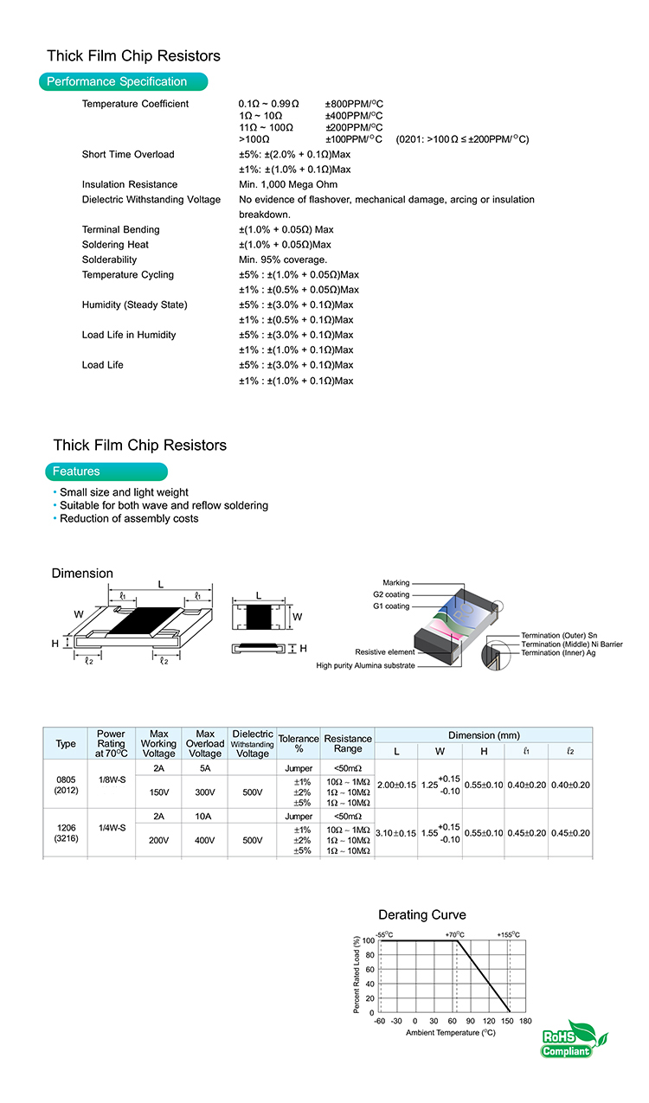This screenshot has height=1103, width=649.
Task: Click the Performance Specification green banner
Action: [x=123, y=82]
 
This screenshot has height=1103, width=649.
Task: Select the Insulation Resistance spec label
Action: [x=130, y=184]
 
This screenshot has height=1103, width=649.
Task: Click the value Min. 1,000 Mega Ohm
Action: [x=288, y=184]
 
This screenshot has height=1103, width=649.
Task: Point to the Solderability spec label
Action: [x=109, y=260]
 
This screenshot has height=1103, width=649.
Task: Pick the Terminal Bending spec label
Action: [x=120, y=229]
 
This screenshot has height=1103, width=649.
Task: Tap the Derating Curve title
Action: [x=421, y=914]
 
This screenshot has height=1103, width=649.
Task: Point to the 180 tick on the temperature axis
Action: [x=525, y=1021]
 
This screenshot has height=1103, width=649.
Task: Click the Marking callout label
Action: [x=395, y=582]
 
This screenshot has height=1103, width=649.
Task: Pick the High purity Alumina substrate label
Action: [x=365, y=665]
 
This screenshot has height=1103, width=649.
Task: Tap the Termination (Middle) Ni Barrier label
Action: [x=571, y=644]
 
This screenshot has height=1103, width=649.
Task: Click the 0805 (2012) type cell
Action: [x=66, y=785]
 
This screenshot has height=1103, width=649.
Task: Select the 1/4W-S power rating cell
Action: [x=112, y=828]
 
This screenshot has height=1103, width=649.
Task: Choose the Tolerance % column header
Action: [x=299, y=743]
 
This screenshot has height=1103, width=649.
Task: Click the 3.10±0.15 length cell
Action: [x=396, y=833]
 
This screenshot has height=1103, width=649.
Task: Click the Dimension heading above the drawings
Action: [x=82, y=574]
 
